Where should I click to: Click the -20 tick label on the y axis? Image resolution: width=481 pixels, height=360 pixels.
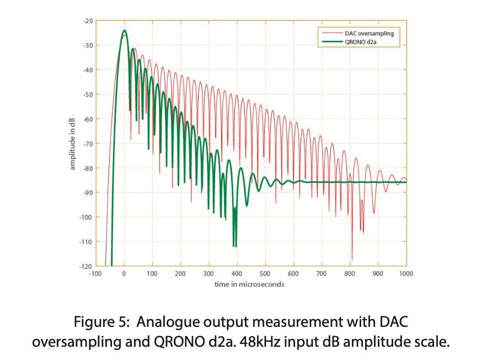click(88, 20)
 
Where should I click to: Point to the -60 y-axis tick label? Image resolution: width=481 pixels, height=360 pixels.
click(88, 119)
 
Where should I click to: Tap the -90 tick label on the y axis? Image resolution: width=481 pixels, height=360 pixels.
click(88, 192)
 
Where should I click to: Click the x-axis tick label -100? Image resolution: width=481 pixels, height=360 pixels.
click(95, 273)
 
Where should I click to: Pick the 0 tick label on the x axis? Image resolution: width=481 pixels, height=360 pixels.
click(124, 273)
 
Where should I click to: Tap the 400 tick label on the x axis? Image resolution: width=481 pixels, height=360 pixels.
click(237, 273)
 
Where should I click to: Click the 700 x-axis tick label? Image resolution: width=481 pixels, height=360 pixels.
click(322, 273)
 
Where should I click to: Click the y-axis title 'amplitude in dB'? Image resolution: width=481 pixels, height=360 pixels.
click(72, 143)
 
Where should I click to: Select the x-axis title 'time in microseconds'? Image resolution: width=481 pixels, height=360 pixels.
click(249, 284)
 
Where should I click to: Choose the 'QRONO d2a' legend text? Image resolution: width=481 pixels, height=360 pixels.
click(365, 41)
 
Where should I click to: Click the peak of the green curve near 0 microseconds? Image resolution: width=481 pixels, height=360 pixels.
click(124, 31)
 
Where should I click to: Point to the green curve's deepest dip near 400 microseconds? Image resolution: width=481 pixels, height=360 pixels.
click(234, 246)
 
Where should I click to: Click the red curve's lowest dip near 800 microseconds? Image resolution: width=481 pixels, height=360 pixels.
click(352, 258)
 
